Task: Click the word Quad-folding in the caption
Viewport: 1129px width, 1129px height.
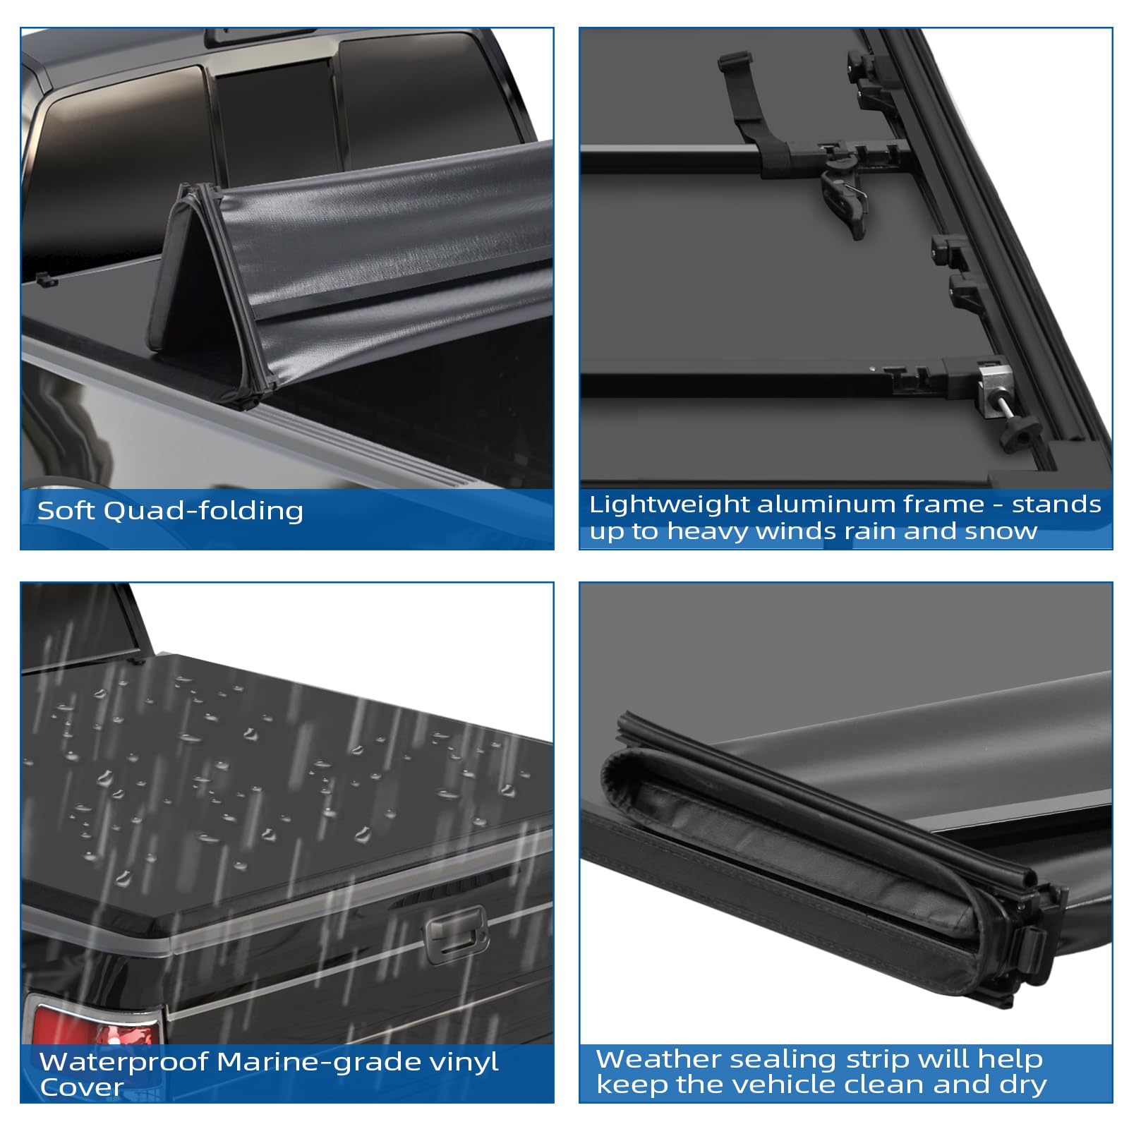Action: pyautogui.click(x=203, y=511)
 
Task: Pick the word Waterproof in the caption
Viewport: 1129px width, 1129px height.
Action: pyautogui.click(x=123, y=1062)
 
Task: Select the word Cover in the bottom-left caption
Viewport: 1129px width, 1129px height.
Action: pyautogui.click(x=82, y=1087)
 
